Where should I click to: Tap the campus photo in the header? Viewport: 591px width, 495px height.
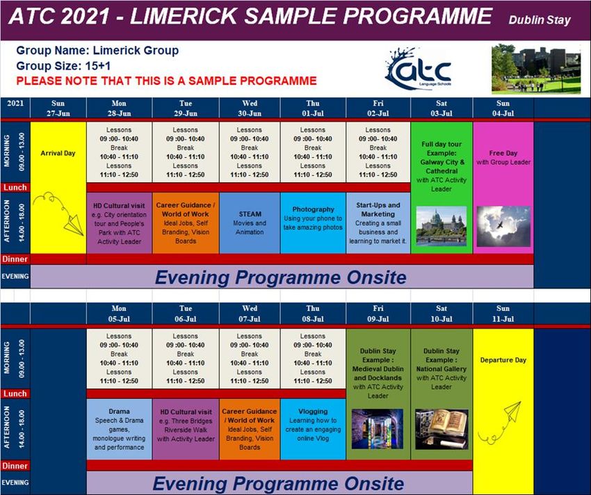536,69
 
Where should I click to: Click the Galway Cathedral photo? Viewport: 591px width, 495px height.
442,226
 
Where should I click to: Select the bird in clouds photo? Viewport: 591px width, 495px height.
503,226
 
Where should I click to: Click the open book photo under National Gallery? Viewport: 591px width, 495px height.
442,429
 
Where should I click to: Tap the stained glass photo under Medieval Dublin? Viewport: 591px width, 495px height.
378,429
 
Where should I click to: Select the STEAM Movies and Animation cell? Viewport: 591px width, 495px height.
250,222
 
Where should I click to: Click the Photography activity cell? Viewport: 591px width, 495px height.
313,222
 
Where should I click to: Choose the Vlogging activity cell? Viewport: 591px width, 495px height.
313,429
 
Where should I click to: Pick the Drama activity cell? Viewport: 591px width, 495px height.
119,429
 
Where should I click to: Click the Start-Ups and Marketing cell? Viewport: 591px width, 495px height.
378,222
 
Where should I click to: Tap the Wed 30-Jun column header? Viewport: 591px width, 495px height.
250,108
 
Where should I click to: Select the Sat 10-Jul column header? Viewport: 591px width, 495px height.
442,314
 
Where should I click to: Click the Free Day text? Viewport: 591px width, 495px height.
503,153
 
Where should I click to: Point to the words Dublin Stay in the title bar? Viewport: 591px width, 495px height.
540,20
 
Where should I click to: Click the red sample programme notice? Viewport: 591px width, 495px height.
167,81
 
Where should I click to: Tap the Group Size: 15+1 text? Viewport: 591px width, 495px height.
63,66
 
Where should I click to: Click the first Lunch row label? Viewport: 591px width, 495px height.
15,188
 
